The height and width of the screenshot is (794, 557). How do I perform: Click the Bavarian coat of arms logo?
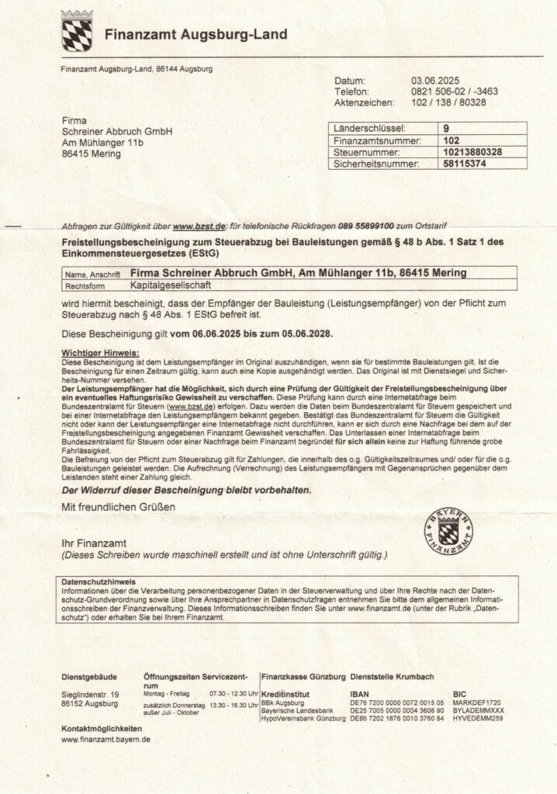click(77, 32)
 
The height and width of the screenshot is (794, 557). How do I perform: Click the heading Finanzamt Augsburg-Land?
click(195, 35)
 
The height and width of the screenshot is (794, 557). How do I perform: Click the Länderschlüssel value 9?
click(445, 128)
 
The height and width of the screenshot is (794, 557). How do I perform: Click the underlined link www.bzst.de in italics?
click(199, 226)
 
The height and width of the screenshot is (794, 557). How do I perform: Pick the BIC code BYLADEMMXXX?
click(477, 710)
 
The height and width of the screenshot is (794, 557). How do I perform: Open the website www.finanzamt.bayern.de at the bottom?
click(106, 740)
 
